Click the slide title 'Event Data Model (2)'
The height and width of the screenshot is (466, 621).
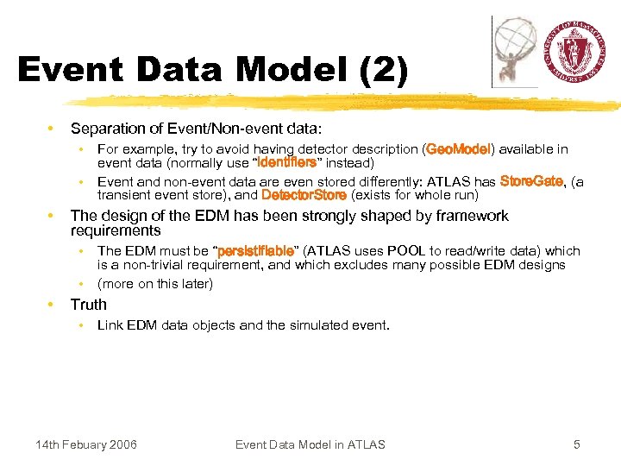[212, 70]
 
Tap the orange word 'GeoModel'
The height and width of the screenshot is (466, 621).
[458, 149]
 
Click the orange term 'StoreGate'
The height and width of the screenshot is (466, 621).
[532, 181]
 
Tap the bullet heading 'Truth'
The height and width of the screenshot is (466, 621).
[89, 305]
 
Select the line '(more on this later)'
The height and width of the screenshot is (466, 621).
[155, 284]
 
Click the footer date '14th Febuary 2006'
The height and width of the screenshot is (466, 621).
[85, 444]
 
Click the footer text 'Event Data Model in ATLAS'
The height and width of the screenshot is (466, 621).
[310, 444]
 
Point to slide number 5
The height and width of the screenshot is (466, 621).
[577, 444]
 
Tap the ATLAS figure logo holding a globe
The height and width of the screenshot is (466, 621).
[515, 50]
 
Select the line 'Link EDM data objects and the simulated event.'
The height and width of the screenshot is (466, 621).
[243, 325]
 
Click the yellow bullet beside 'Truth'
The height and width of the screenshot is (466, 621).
[53, 305]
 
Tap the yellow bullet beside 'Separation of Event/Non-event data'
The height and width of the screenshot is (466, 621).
[53, 129]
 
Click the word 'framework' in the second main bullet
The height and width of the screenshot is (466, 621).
[467, 216]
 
